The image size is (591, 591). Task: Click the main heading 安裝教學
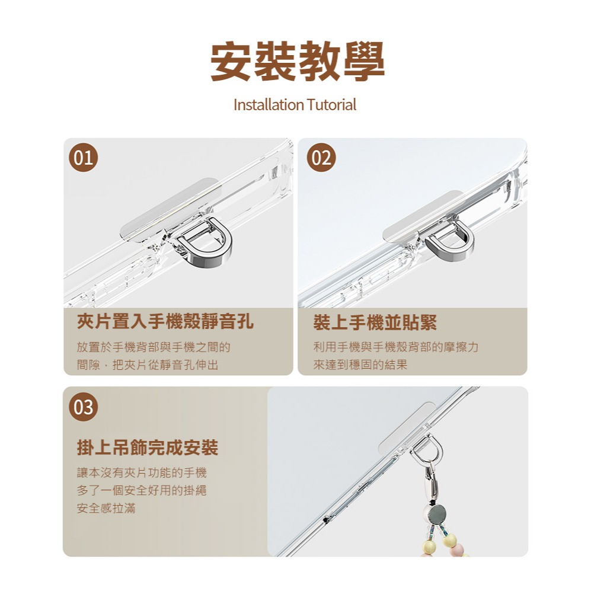pyautogui.click(x=298, y=62)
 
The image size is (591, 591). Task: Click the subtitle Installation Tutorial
pyautogui.click(x=295, y=105)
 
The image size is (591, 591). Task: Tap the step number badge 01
pyautogui.click(x=83, y=158)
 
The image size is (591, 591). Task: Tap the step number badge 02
pyautogui.click(x=321, y=158)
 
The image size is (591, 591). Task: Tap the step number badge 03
pyautogui.click(x=83, y=407)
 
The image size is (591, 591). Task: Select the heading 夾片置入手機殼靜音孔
pyautogui.click(x=165, y=322)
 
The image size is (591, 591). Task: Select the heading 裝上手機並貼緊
pyautogui.click(x=375, y=322)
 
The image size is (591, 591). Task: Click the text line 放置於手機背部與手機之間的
pyautogui.click(x=154, y=347)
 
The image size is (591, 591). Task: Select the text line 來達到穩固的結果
pyautogui.click(x=360, y=365)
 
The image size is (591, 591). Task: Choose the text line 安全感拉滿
pyautogui.click(x=106, y=508)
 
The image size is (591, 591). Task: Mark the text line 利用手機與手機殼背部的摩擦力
pyautogui.click(x=395, y=347)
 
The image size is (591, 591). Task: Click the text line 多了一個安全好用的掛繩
pyautogui.click(x=142, y=491)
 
